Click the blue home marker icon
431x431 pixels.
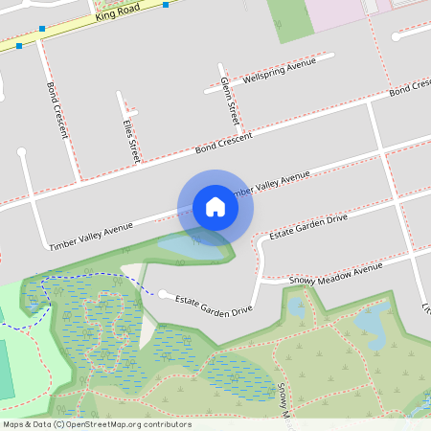pyautogui.click(x=215, y=206)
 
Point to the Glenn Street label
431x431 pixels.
pyautogui.click(x=229, y=101)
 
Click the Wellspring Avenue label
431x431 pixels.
pyautogui.click(x=279, y=71)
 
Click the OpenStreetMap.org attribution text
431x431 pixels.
pyautogui.click(x=134, y=424)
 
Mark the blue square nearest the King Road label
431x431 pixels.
pyautogui.click(x=166, y=5)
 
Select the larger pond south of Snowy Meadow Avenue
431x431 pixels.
pyautogui.click(x=370, y=325)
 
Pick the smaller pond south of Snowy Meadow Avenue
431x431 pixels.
pyautogui.click(x=296, y=308)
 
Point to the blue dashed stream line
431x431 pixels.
pyautogui.click(x=96, y=278)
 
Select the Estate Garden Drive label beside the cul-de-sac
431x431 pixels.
pyautogui.click(x=213, y=304)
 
